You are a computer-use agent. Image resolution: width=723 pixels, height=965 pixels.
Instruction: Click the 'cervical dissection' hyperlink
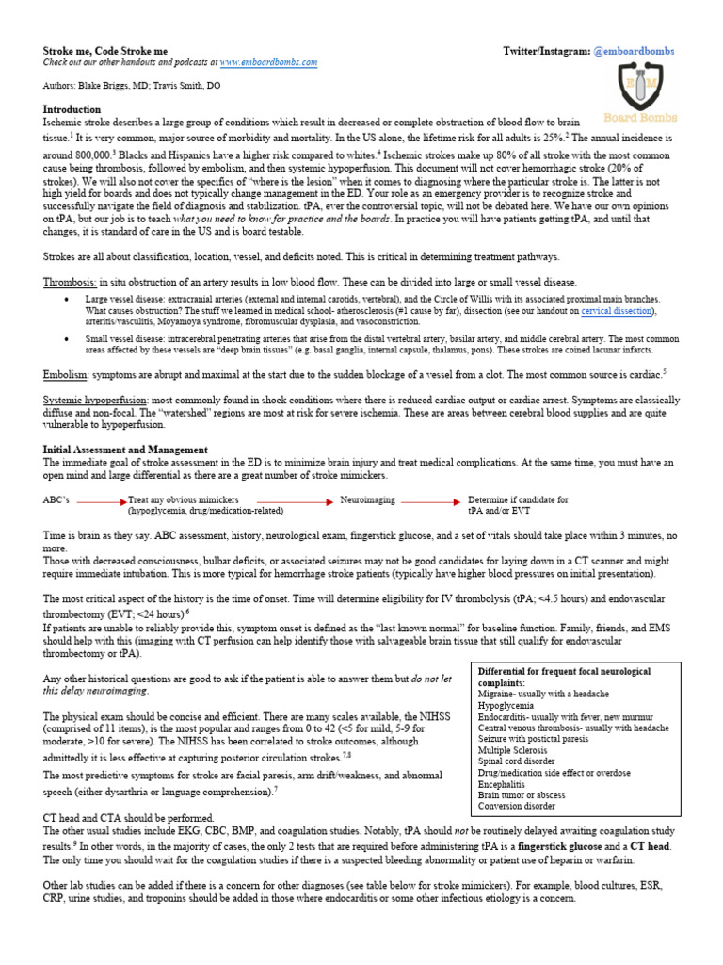tap(618, 310)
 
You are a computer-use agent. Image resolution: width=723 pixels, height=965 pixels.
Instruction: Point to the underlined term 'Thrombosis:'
tap(70, 282)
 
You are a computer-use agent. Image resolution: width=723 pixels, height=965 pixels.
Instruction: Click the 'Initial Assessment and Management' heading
tap(125, 450)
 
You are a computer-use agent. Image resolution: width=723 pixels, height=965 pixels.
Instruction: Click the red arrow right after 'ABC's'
tap(101, 501)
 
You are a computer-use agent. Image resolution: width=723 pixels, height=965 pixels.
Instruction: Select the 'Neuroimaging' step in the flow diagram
tap(367, 500)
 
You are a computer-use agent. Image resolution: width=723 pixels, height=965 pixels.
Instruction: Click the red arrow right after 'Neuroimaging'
tap(430, 501)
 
